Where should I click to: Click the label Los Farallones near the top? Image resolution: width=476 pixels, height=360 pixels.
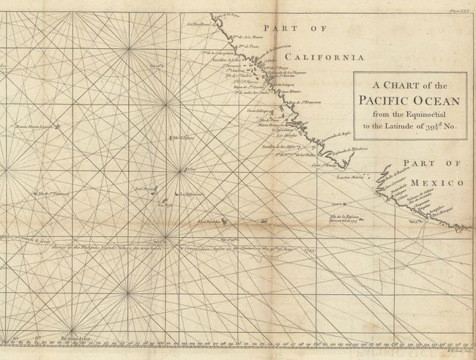click(198, 23)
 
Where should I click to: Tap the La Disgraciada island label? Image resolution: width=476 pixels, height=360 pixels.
click(188, 195)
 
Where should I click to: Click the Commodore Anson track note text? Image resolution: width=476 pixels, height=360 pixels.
click(212, 247)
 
